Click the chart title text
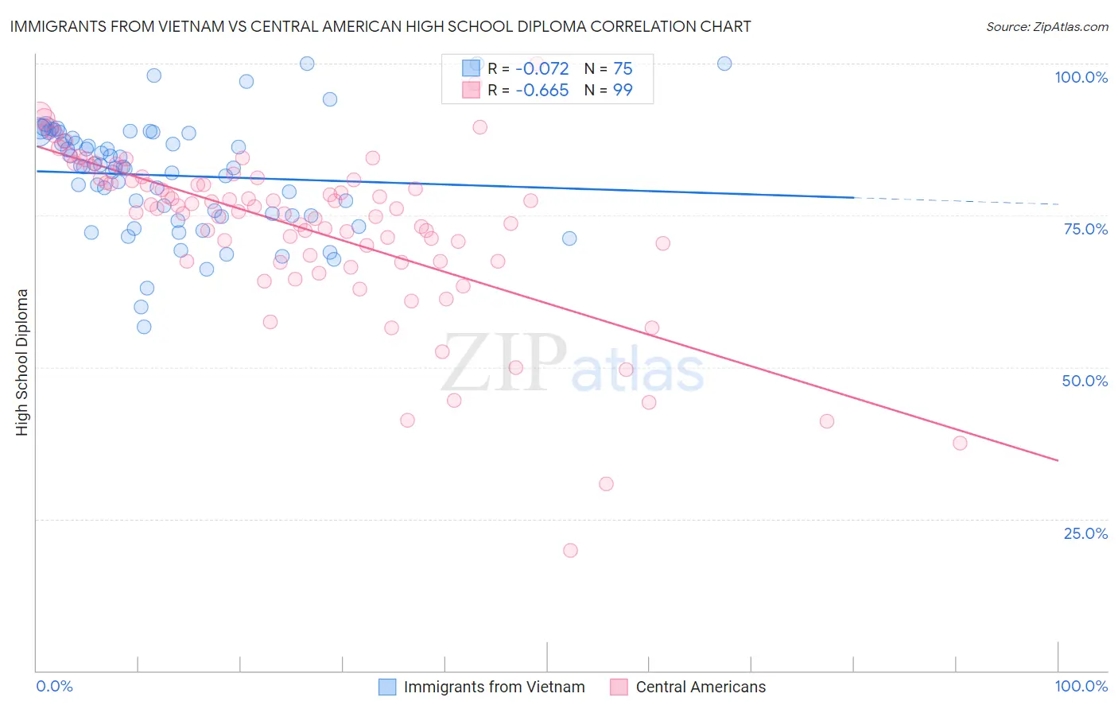coord(380,27)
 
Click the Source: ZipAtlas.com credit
coord(1046,27)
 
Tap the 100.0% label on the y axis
coord(1081,77)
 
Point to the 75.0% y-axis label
coord(1085,229)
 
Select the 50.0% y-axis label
coord(1085,381)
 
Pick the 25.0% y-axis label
coord(1085,533)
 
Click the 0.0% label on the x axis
coord(54,686)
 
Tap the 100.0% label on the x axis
coord(1081,686)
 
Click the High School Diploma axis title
coord(22,362)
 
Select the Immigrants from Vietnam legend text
coord(494,687)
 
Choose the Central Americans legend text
coord(701,687)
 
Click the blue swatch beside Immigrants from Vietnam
coord(387,687)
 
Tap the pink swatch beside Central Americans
coord(619,687)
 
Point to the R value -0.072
coord(542,69)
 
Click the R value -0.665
coord(542,91)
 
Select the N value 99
coord(623,91)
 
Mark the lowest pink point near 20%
coord(570,550)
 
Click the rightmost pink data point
coord(960,443)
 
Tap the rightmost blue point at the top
coord(724,64)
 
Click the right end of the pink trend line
coord(1058,460)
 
